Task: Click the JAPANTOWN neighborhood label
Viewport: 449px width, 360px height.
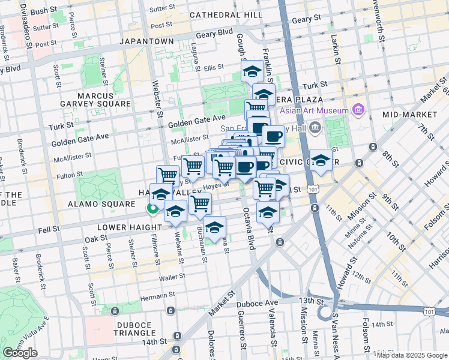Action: point(146,41)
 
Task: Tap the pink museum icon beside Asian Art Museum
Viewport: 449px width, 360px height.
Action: point(358,109)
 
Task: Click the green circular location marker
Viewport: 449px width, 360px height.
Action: point(152,209)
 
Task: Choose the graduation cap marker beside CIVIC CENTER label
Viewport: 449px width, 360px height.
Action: point(321,160)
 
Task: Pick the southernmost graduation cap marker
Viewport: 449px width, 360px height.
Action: point(214,227)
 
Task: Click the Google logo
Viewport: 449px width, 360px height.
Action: point(21,352)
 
